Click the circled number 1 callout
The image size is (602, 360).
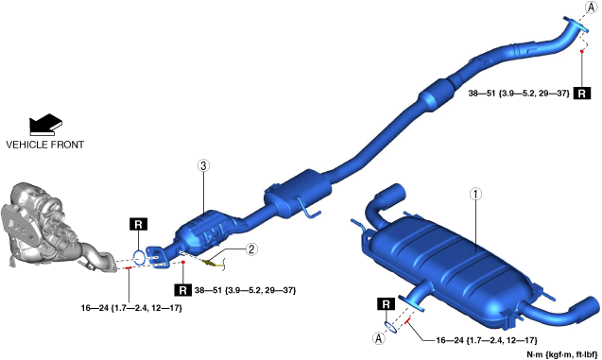point(475,195)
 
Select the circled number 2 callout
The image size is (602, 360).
point(251,249)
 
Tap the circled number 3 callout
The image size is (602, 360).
point(203,165)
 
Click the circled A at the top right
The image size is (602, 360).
point(592,7)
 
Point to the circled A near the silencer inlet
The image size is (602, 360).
point(379,338)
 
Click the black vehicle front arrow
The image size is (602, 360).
point(45,125)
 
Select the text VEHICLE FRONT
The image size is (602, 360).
point(45,145)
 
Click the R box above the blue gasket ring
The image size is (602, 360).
point(139,224)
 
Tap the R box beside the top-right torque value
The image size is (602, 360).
point(581,94)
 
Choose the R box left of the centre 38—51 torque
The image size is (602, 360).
point(182,290)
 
